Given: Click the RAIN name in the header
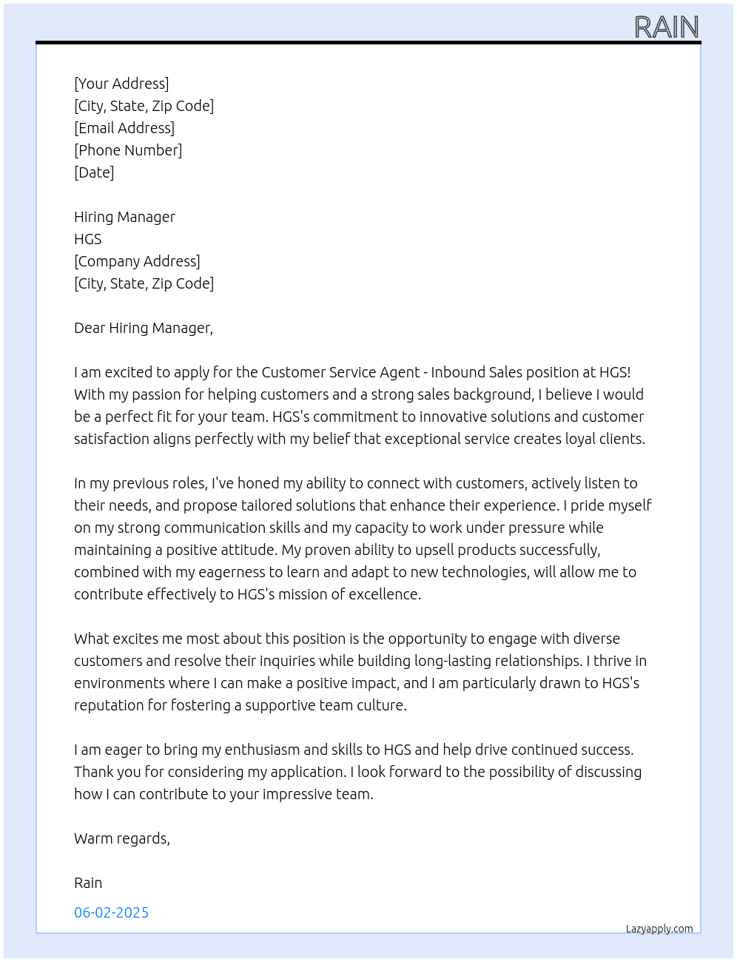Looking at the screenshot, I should point(667,27).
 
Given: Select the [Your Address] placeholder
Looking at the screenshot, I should point(121,84).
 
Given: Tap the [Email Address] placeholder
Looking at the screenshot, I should point(124,128).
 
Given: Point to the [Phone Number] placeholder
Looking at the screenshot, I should point(128,150).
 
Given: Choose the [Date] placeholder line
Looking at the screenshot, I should point(94,172).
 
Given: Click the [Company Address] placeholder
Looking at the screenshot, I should point(137,261).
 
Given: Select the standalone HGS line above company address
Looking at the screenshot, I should point(88,239).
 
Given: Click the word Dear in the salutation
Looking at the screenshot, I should point(90,328).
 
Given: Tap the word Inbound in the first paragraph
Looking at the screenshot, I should point(458,372).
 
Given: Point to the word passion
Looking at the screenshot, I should point(157,394).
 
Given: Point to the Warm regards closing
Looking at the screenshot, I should point(122,838).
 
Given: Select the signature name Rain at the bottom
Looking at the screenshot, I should point(88,883).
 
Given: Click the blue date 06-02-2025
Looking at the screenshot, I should point(112,912).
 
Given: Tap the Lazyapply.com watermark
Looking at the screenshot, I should point(659,929).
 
